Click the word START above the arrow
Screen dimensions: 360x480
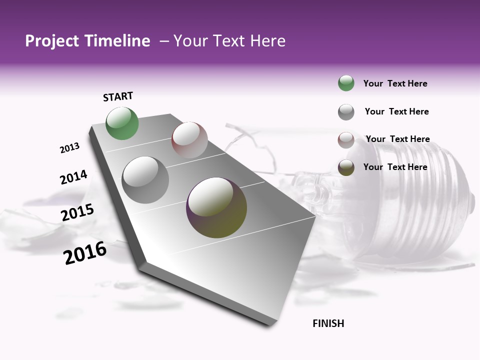118,96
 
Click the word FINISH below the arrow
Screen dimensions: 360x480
328,323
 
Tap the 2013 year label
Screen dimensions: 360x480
69,148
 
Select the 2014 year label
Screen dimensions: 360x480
73,177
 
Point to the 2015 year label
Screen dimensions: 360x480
77,212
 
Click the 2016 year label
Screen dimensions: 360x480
85,253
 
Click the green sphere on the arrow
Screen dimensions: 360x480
122,123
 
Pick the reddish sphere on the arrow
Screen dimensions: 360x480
189,140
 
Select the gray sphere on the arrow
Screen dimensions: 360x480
145,180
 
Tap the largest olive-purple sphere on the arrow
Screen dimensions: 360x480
216,207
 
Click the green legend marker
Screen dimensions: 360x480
346,83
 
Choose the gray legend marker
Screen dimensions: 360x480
346,112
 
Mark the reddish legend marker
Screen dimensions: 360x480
346,140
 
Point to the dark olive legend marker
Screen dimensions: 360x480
346,167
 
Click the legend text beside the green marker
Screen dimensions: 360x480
395,83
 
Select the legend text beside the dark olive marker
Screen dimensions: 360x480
395,167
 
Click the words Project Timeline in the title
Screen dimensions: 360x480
87,41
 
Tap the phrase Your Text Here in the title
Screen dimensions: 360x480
229,41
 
